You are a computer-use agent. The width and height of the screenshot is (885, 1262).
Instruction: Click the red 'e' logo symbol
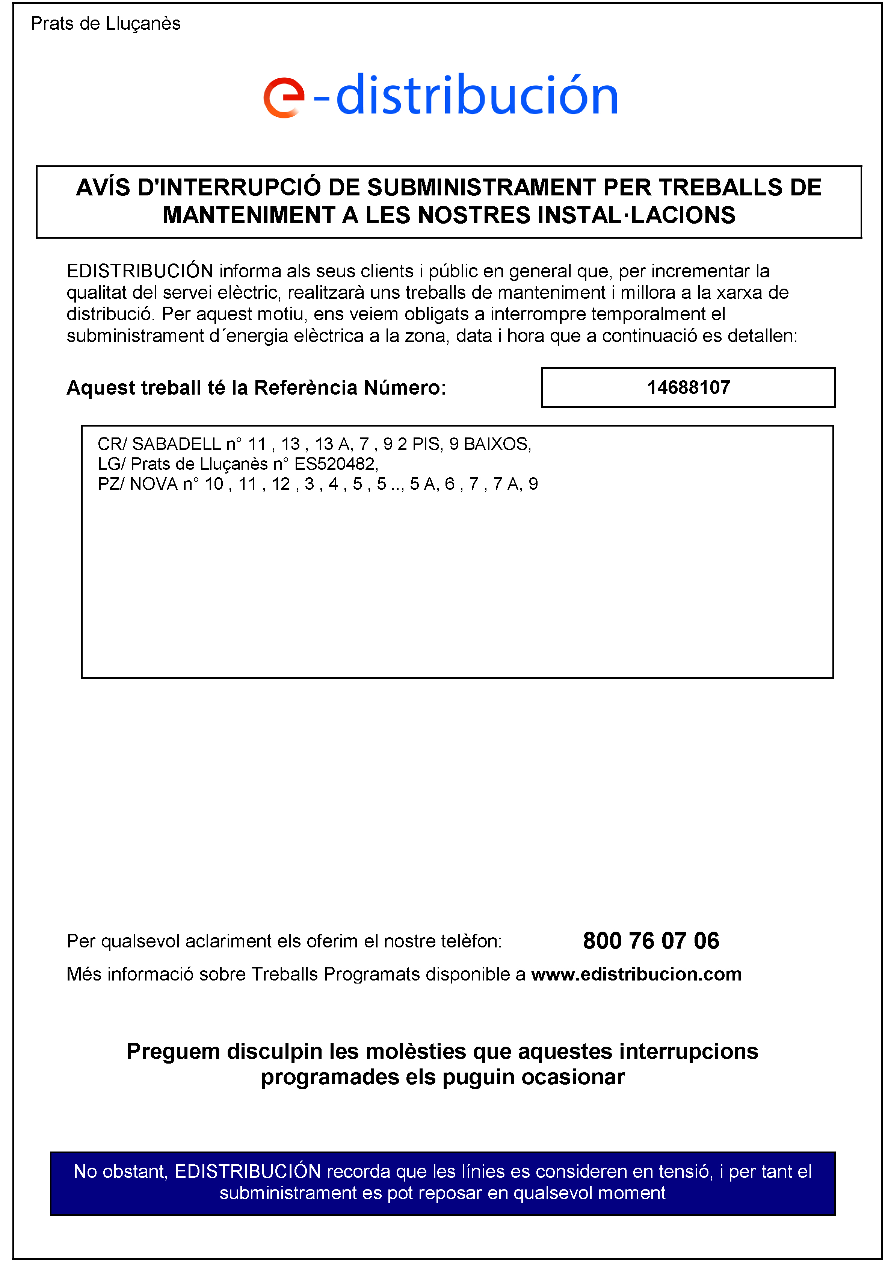284,97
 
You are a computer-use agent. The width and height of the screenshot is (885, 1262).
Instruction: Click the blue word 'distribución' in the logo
476,95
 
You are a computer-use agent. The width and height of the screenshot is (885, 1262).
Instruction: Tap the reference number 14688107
688,387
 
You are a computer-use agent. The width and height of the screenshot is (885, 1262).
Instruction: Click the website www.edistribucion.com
636,974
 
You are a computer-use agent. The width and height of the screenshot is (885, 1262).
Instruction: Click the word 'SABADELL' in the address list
176,443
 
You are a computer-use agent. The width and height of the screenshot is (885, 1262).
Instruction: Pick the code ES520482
335,464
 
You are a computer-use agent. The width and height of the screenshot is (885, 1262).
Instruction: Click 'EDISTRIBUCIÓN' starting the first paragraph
139,271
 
